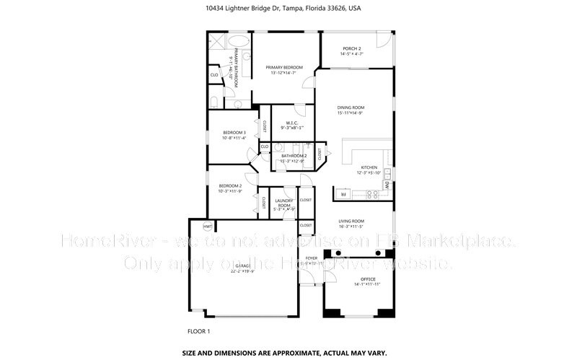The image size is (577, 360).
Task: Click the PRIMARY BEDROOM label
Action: pyautogui.click(x=283, y=67)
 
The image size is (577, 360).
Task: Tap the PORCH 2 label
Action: pyautogui.click(x=352, y=48)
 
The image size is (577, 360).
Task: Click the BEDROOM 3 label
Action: pyautogui.click(x=234, y=132)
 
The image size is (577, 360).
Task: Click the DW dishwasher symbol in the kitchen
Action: pyautogui.click(x=387, y=185)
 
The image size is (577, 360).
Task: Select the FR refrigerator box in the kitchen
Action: pyautogui.click(x=344, y=194)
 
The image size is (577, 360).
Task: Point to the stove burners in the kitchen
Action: pyautogui.click(x=373, y=193)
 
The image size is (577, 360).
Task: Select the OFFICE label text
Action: pyautogui.click(x=358, y=278)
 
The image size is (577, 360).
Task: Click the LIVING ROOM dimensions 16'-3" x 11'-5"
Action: pyautogui.click(x=352, y=227)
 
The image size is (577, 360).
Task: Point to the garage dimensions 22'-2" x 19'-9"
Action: pyautogui.click(x=244, y=272)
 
